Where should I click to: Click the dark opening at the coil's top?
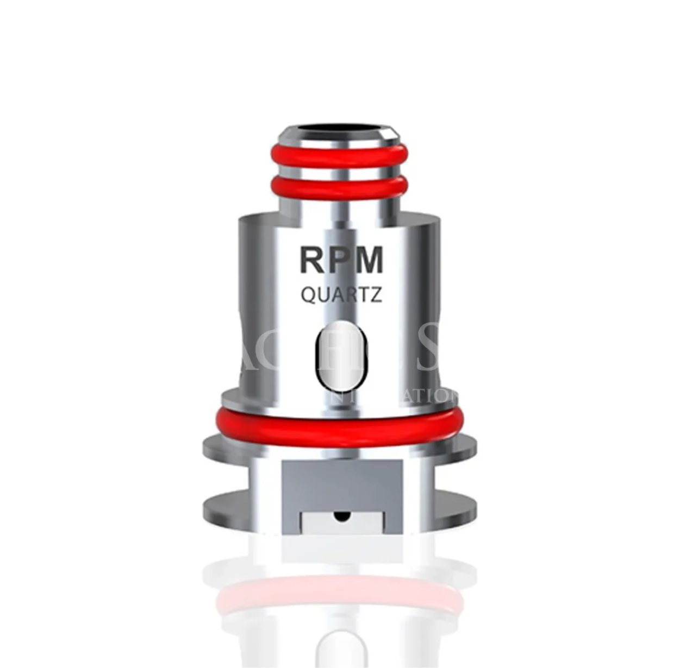click(342, 131)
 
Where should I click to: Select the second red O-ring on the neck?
click(342, 187)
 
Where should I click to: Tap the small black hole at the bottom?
click(341, 515)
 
